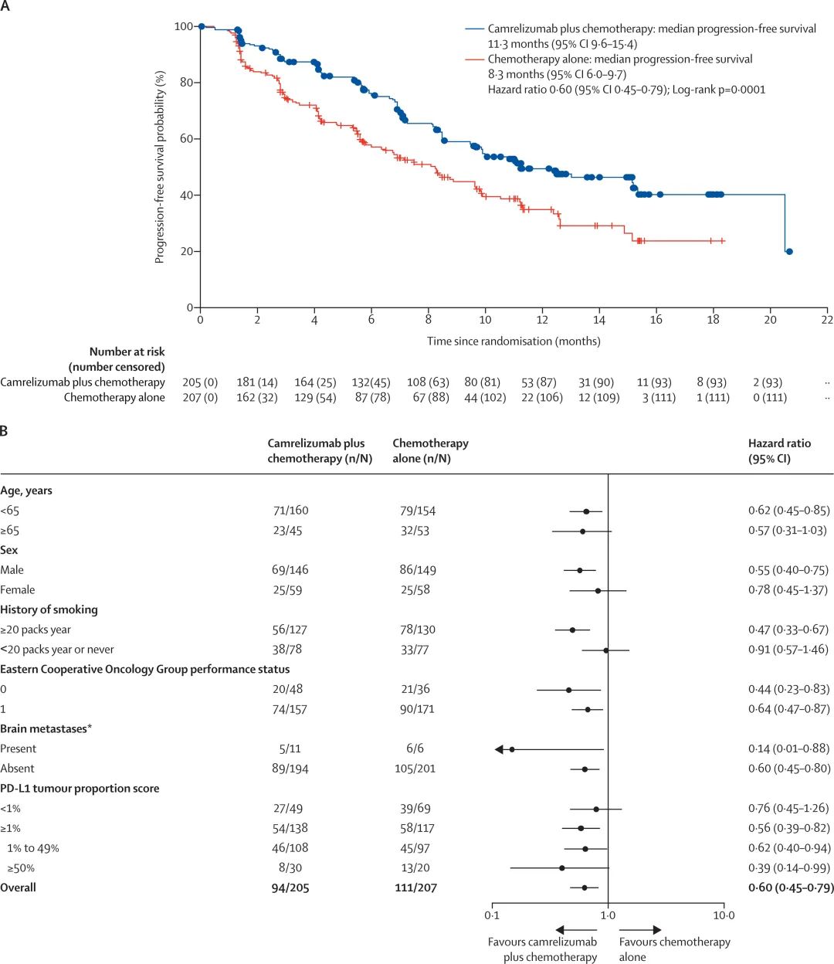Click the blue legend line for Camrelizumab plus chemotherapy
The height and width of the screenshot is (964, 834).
pyautogui.click(x=474, y=29)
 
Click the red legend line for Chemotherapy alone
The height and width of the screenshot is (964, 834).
pyautogui.click(x=474, y=59)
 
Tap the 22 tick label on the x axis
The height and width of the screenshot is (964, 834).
pyautogui.click(x=827, y=320)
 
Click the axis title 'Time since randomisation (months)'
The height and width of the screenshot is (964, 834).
pyautogui.click(x=514, y=341)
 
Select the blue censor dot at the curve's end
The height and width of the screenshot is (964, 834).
pyautogui.click(x=788, y=252)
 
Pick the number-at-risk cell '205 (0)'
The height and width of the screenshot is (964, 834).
pyautogui.click(x=200, y=382)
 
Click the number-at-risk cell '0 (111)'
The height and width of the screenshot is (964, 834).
pyautogui.click(x=769, y=398)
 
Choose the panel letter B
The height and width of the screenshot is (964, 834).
pyautogui.click(x=5, y=430)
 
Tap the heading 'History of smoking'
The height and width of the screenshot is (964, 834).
pyautogui.click(x=49, y=609)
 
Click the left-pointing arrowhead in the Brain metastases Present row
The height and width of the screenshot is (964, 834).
pyautogui.click(x=499, y=749)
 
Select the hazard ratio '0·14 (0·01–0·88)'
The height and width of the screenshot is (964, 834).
pyautogui.click(x=788, y=748)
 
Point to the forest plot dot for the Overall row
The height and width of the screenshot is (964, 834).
pyautogui.click(x=585, y=888)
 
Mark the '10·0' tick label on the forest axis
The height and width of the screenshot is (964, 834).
pyautogui.click(x=724, y=915)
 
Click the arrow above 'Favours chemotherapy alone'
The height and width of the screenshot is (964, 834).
pyautogui.click(x=640, y=930)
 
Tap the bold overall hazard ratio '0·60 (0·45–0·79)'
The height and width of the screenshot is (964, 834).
pyautogui.click(x=791, y=888)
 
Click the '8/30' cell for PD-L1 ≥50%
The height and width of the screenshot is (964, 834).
pyautogui.click(x=286, y=868)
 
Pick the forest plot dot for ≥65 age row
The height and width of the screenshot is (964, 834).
pyautogui.click(x=582, y=531)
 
